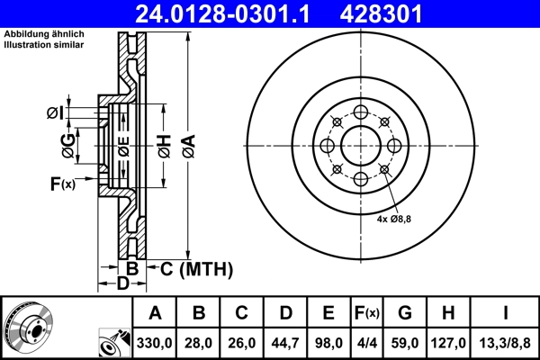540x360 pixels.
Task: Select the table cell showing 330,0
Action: point(156,343)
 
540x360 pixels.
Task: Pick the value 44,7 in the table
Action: point(285,343)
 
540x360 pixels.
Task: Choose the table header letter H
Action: point(447,313)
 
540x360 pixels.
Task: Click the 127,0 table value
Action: point(447,343)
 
